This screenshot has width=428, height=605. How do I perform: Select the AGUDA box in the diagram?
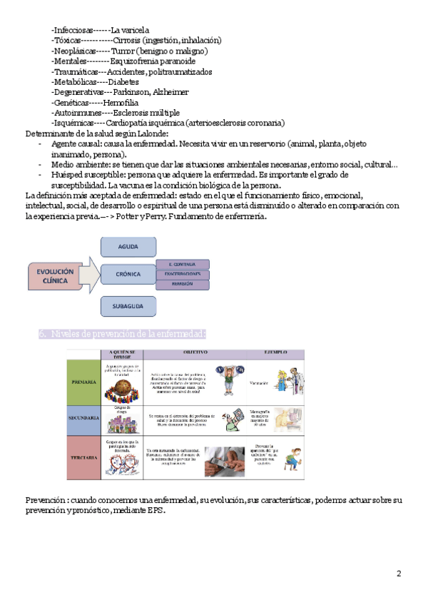128,247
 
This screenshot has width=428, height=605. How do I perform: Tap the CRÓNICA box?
128,274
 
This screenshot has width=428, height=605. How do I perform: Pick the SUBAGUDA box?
128,307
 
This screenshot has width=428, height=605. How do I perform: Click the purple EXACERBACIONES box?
183,274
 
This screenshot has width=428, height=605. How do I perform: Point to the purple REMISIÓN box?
183,284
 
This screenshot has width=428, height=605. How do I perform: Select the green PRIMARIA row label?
84,382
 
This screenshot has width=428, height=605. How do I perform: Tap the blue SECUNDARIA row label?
84,417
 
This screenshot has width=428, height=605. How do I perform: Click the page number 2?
399,574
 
